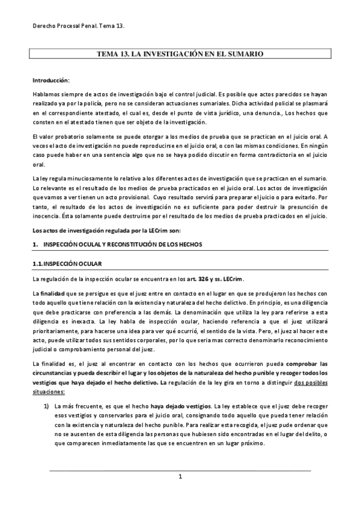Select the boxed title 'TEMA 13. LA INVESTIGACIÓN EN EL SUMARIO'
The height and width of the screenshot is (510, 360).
(x=180, y=54)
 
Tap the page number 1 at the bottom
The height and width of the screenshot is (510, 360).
(x=180, y=477)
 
